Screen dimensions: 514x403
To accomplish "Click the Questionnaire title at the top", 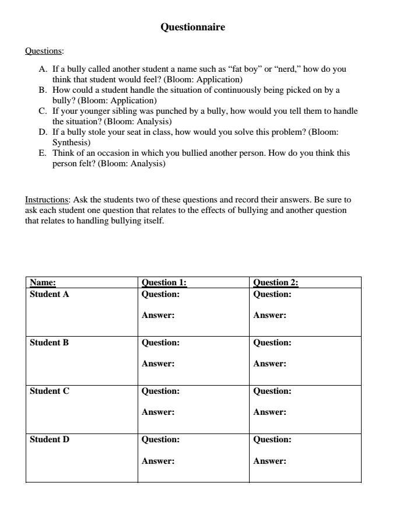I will tap(192, 27).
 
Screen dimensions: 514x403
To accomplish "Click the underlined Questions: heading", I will tap(44, 51).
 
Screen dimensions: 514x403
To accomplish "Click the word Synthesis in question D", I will tap(71, 142).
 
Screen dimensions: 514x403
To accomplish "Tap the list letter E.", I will tap(42, 153).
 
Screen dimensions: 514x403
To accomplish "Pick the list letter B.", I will tap(42, 90).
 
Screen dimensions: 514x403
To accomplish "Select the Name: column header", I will tap(43, 283).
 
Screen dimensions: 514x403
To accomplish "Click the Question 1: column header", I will tap(164, 283).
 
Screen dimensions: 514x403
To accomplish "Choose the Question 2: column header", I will tap(276, 283).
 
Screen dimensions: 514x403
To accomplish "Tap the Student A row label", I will tap(49, 295).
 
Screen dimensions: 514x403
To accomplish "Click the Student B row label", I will tap(49, 343).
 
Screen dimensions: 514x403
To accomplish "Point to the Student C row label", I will tap(49, 391).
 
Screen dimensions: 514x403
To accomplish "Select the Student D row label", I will tap(50, 440).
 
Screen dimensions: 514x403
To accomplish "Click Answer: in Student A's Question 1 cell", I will tap(158, 316).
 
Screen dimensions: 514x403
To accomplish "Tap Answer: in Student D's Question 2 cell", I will tap(269, 461).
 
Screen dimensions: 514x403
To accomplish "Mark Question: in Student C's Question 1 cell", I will tap(160, 391).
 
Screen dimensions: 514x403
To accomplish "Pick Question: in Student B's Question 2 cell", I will tap(272, 343).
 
